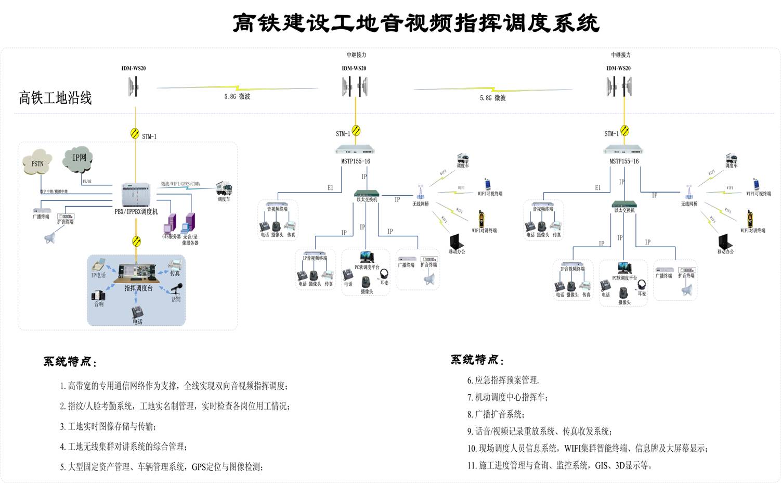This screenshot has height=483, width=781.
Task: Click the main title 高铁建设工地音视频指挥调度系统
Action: tap(415, 23)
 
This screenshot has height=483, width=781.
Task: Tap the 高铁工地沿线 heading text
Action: tap(56, 98)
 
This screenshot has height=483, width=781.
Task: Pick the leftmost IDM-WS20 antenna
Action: tap(135, 86)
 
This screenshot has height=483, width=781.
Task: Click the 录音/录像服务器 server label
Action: tap(190, 239)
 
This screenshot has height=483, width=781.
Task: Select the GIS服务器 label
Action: tap(171, 237)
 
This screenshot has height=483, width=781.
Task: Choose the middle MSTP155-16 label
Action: tap(356, 161)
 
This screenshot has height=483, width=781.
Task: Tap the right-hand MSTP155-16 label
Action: tap(624, 161)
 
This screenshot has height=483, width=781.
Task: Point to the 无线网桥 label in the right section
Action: tap(689, 204)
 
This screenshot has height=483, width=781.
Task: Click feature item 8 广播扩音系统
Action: tap(497, 414)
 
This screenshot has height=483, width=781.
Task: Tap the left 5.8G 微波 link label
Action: tap(237, 96)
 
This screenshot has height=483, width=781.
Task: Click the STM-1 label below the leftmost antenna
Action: tap(149, 136)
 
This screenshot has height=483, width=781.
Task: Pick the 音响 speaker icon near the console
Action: tap(98, 296)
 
